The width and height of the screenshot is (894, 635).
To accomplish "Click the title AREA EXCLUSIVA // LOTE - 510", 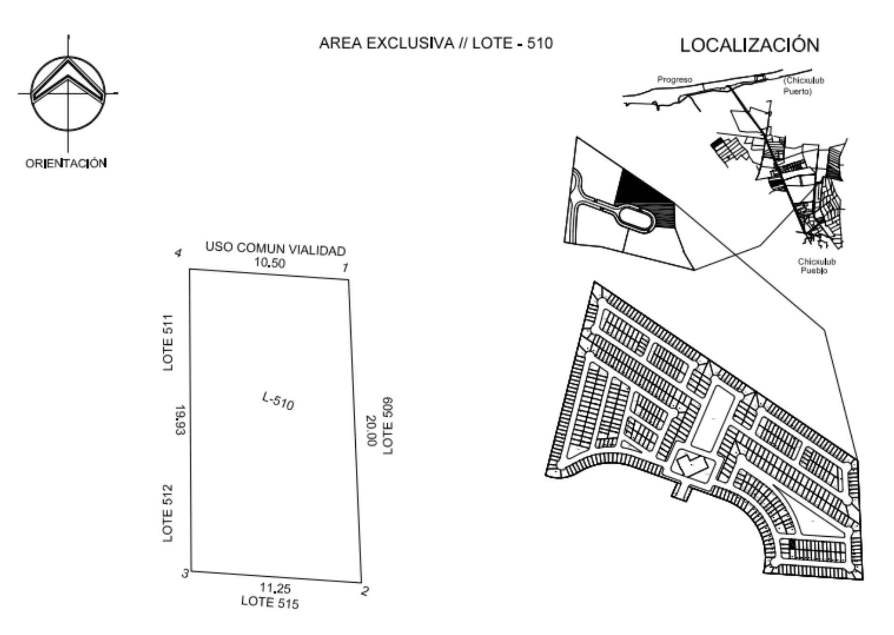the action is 436,43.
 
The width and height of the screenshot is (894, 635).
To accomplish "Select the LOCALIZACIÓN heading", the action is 750,45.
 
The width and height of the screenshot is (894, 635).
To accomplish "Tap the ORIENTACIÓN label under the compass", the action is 66,163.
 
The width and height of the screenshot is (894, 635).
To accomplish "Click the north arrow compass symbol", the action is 68,93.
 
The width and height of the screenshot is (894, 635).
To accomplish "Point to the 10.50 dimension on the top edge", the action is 270,263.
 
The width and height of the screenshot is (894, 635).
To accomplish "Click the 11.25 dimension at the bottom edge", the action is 275,588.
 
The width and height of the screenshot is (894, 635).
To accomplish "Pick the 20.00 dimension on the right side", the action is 372,430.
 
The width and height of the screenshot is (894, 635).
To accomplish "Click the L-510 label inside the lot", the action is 278,401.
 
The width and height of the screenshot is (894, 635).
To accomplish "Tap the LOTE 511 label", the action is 168,342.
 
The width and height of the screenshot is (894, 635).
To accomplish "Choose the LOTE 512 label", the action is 168,513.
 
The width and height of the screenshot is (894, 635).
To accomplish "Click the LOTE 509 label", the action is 388,426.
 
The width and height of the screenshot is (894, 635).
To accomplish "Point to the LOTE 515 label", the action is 270,602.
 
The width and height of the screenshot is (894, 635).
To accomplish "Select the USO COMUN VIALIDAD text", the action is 276,249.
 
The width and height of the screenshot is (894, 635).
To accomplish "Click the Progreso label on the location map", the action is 675,80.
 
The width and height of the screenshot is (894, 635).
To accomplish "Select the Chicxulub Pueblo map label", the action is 816,266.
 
